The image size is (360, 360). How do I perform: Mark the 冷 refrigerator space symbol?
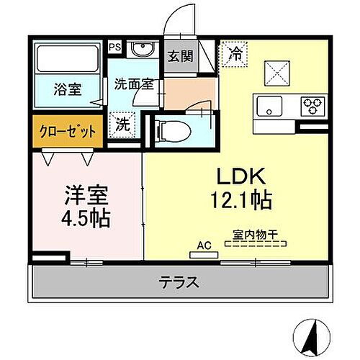(x=235, y=52)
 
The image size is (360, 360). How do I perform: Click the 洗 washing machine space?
(x=124, y=123)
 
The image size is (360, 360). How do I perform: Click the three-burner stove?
(x=312, y=107)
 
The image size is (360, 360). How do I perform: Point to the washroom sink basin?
(x=142, y=50)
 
